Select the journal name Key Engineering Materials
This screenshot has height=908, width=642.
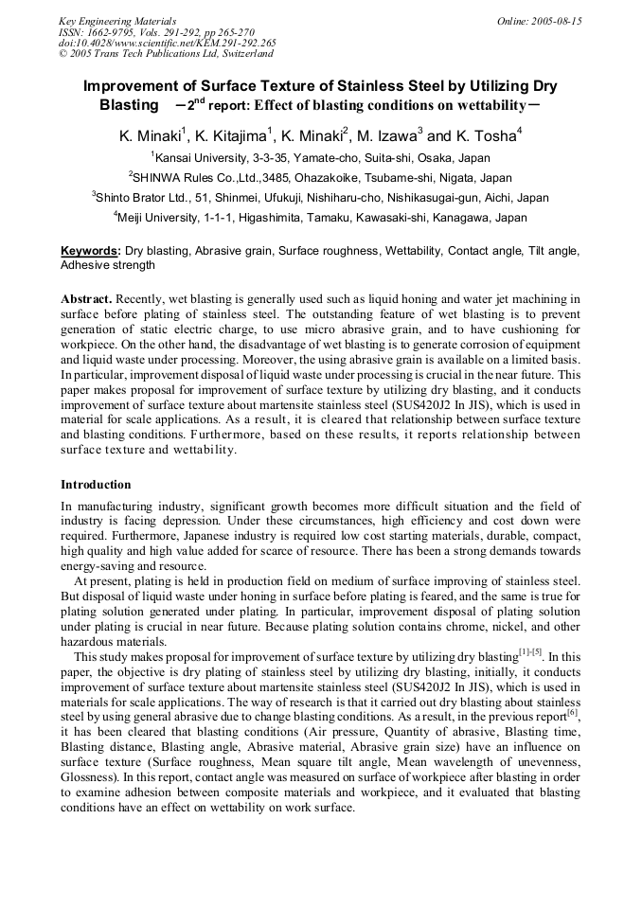(117, 21)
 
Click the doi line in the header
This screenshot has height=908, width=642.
(168, 44)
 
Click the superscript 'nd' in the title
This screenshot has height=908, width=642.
(201, 98)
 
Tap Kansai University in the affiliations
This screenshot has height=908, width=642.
(200, 158)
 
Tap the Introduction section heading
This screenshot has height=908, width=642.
(96, 485)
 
